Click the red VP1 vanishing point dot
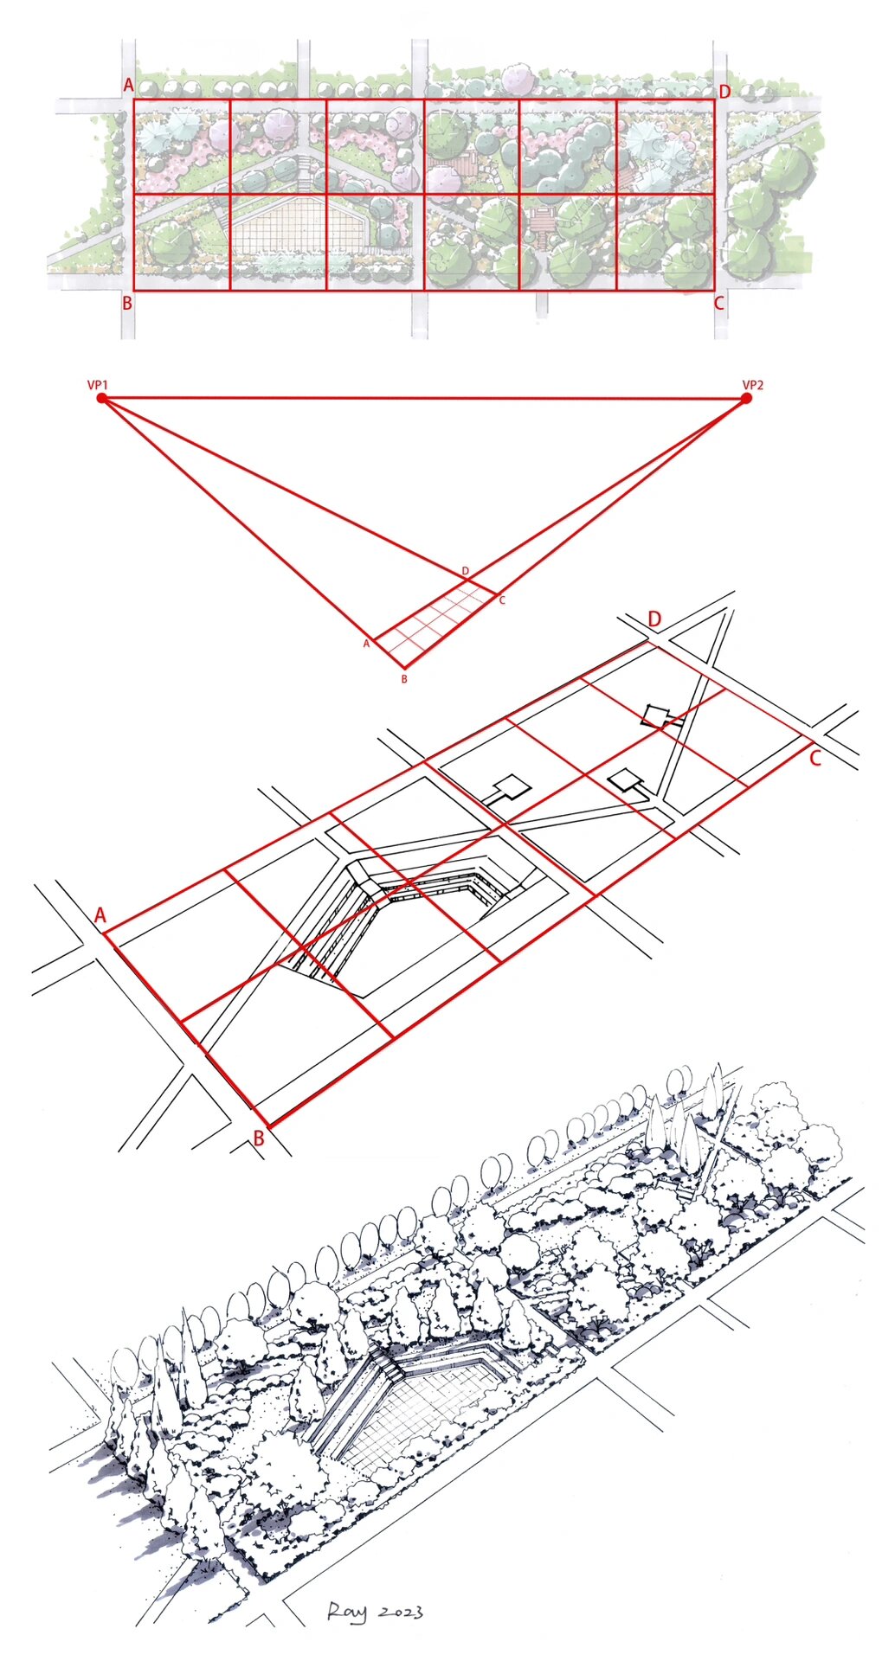tap(101, 399)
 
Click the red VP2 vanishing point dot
tap(746, 399)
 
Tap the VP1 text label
tap(97, 384)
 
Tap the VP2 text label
tap(753, 384)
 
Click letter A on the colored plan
tap(128, 86)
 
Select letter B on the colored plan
tap(127, 304)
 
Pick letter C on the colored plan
tap(718, 304)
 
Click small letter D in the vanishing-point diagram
tap(466, 571)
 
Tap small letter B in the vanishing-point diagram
tap(404, 679)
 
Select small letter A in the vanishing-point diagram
tap(366, 644)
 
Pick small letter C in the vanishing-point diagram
tap(502, 600)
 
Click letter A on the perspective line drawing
tap(100, 915)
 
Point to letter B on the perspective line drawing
tap(258, 1139)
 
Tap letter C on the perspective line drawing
tap(815, 759)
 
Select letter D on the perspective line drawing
tap(655, 619)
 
